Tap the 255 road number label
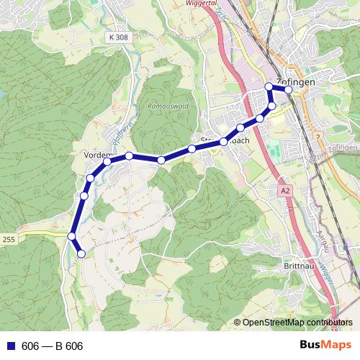(8, 238)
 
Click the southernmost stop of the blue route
(81, 253)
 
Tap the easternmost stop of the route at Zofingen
(289, 90)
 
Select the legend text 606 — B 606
(53, 346)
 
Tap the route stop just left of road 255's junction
(72, 236)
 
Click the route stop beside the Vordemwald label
(107, 161)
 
